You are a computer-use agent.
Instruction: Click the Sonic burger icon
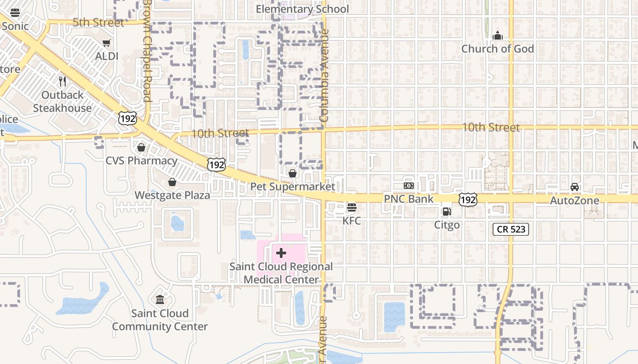point(15,13)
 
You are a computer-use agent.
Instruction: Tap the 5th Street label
point(98,23)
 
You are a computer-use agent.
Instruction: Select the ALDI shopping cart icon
point(107,43)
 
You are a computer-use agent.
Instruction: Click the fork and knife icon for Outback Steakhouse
point(62,81)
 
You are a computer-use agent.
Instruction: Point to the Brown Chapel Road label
point(147,50)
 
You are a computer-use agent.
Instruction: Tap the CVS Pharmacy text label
point(141,161)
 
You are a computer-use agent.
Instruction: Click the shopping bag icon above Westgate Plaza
point(172,182)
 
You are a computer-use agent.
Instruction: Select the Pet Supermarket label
point(293,187)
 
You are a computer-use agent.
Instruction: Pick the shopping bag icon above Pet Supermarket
point(293,173)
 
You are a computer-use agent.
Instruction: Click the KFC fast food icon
point(351,208)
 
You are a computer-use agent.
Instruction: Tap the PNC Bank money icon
point(409,186)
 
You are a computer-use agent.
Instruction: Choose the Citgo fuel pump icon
point(447,212)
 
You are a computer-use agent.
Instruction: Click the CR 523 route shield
point(510,229)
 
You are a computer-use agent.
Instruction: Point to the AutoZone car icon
point(575,187)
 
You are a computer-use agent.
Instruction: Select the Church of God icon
point(497,35)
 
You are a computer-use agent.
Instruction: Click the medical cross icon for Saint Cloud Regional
point(281,253)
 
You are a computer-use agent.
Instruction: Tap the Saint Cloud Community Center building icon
point(160,300)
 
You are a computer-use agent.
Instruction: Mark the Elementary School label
point(302,9)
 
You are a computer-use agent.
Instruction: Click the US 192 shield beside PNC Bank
point(468,199)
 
